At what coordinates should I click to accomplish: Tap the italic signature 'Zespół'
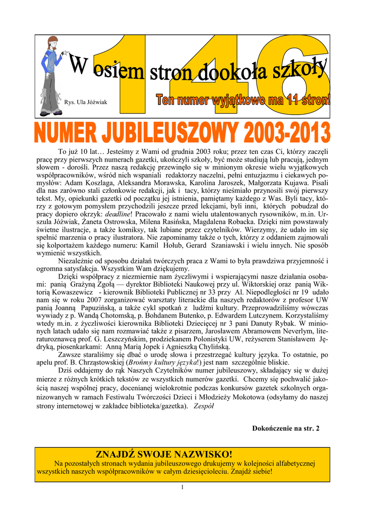point(204,407)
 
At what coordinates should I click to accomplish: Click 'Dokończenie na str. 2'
point(285,429)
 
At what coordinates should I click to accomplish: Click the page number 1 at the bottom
point(182,487)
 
